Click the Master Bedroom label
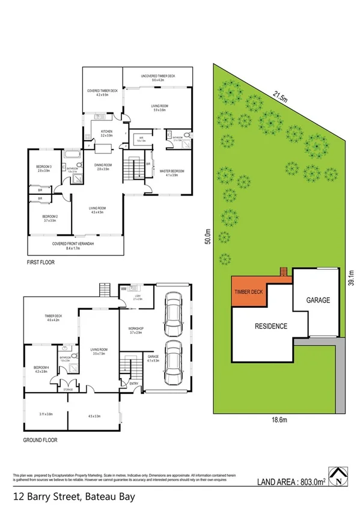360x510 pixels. click(171, 173)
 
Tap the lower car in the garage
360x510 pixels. click(174, 362)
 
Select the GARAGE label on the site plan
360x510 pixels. click(319, 300)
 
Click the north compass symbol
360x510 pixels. click(340, 477)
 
